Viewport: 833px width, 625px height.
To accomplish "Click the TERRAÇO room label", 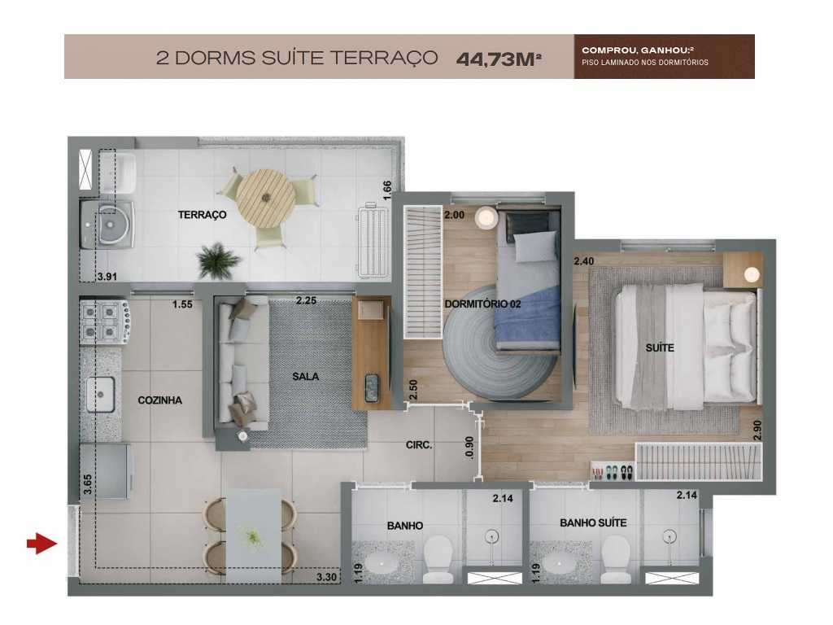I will tap(202, 216).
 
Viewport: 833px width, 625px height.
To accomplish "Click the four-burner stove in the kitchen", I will tap(105, 322).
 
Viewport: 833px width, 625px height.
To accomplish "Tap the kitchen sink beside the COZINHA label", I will tap(101, 395).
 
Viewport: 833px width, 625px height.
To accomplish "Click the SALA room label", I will tap(306, 377).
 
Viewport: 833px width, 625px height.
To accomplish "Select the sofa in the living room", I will tap(242, 363).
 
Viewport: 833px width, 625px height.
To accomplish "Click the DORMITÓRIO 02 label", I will tap(482, 304).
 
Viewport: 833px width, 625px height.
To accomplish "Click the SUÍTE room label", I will tap(660, 348).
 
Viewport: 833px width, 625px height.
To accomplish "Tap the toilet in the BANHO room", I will tap(437, 559).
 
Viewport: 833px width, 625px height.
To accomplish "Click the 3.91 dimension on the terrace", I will tap(107, 277).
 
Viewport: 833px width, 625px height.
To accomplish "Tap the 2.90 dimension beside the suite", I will tap(757, 431).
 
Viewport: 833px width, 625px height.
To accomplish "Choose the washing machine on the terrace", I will tap(107, 222).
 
